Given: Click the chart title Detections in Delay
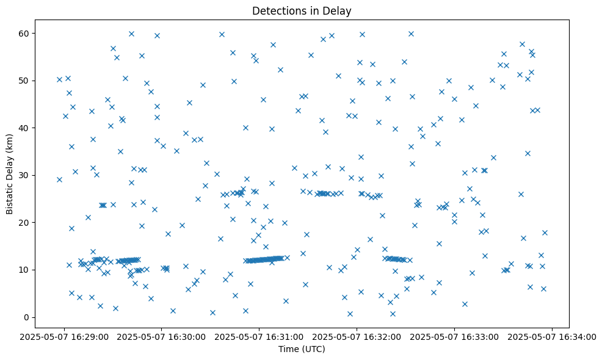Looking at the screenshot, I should (x=302, y=10).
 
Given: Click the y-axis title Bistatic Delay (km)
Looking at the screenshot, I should (x=9, y=173).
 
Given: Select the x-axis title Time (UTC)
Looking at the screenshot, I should (x=302, y=349).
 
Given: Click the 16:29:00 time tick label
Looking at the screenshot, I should (x=64, y=336).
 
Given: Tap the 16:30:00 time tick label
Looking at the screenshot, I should (x=162, y=336).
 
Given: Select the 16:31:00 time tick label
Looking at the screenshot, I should (x=259, y=336).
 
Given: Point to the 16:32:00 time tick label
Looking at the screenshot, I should (x=357, y=336).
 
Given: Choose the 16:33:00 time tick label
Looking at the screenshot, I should (x=455, y=336).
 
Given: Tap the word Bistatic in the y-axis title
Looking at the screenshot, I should (x=9, y=196).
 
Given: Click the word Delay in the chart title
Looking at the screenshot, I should (x=339, y=10).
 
